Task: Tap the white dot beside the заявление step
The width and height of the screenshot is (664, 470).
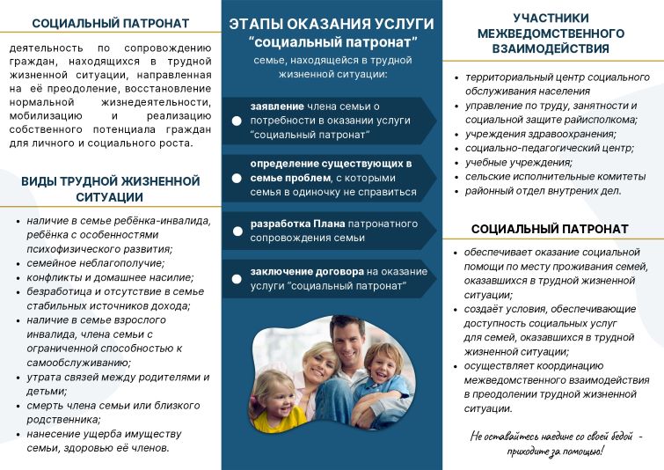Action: (x=237, y=121)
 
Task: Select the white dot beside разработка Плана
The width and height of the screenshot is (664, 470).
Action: (x=237, y=231)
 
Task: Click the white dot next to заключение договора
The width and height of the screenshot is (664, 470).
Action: (x=237, y=279)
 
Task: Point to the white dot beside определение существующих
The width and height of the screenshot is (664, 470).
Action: (x=237, y=178)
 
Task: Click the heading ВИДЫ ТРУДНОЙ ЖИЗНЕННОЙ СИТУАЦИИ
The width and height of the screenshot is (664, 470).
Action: (x=109, y=189)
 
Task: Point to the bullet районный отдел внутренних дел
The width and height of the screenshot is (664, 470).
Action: (x=543, y=190)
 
